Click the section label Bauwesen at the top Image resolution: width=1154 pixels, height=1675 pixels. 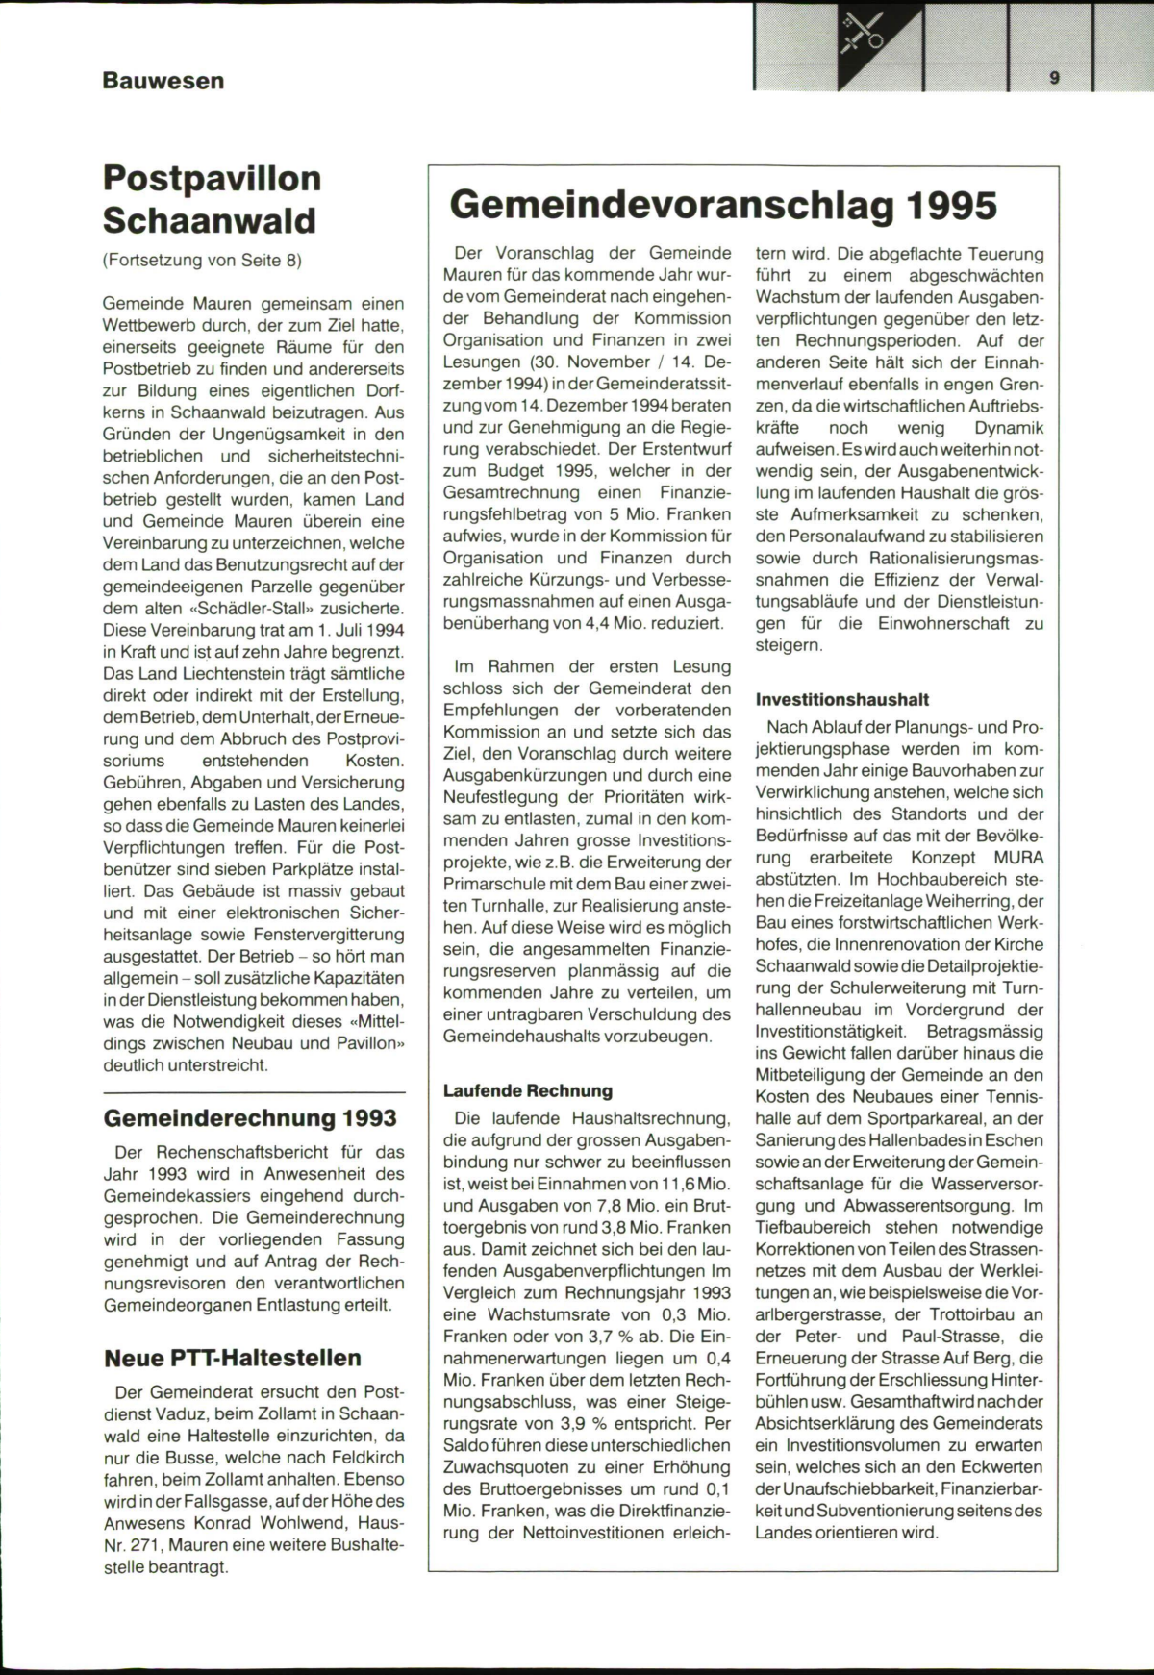(163, 81)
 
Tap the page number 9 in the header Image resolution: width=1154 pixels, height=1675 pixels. (1055, 79)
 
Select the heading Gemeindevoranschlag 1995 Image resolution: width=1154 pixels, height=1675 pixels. (723, 205)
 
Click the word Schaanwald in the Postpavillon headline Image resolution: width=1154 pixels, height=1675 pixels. (210, 220)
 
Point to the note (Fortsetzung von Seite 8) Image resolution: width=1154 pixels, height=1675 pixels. (202, 260)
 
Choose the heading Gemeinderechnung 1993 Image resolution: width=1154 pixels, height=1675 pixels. (249, 1118)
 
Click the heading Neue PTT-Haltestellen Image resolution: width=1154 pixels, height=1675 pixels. (232, 1358)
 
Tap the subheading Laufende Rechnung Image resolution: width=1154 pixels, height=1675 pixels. (527, 1090)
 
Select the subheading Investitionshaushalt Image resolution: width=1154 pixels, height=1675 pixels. (842, 700)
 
